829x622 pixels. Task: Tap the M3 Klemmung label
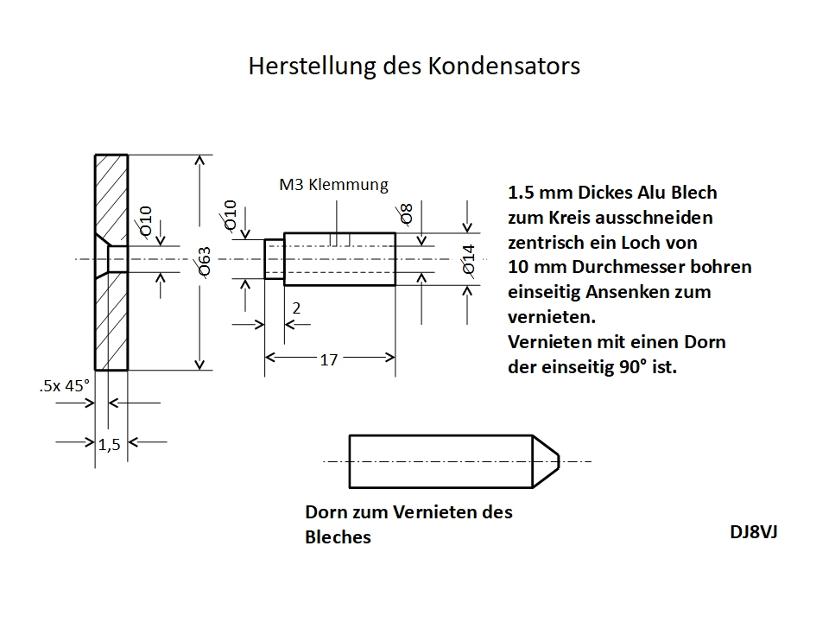[x=333, y=184]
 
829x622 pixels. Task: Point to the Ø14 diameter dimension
[x=469, y=260]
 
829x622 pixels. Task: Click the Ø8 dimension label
[x=406, y=214]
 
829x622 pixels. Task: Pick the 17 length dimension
[x=328, y=359]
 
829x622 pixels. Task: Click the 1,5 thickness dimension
[x=109, y=444]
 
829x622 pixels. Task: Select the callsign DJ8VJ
[x=753, y=531]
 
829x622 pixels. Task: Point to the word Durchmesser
[x=621, y=267]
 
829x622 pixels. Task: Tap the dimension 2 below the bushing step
[x=296, y=308]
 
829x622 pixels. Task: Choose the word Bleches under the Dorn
[x=339, y=537]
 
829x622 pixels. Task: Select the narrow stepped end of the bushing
[x=274, y=259]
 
